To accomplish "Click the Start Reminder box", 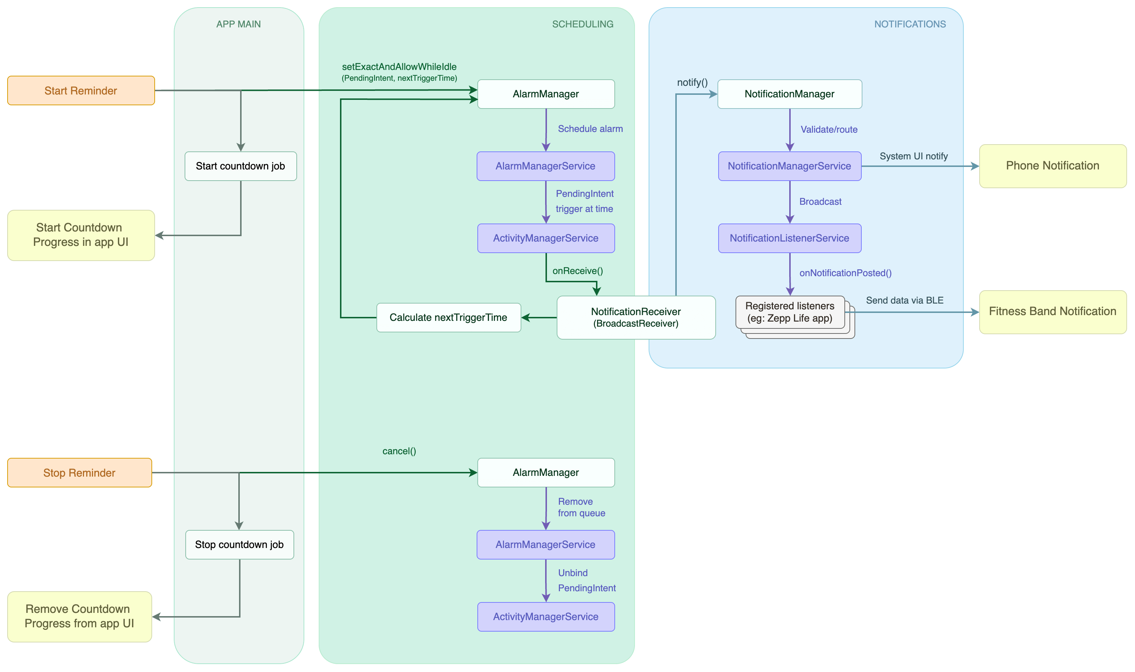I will click(81, 90).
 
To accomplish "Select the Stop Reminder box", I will click(79, 473).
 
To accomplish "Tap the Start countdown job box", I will click(240, 166).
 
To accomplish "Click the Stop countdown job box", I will click(239, 545).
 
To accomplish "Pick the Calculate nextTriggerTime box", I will click(448, 318).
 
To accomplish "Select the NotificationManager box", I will click(789, 94).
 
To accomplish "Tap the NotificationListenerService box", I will click(789, 238).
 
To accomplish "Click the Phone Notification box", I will click(1052, 166).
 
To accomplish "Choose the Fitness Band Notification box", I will click(1052, 311).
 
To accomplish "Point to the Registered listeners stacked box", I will click(790, 312).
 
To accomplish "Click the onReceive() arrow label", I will click(577, 271).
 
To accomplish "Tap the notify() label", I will click(692, 83).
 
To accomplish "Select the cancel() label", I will click(399, 451).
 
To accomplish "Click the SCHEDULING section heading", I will click(582, 25).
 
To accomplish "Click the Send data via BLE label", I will click(904, 300).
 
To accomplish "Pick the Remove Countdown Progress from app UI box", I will click(79, 616).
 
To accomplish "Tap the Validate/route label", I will click(829, 129).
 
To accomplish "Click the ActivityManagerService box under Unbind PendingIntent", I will click(546, 617).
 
